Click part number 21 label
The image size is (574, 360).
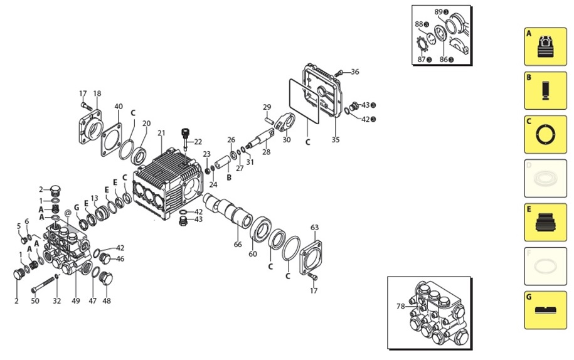coord(161,133)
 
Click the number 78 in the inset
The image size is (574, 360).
coord(400,307)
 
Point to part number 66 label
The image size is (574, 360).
coord(238,245)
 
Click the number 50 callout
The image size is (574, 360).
coord(35,302)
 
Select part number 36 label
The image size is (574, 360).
coord(354,71)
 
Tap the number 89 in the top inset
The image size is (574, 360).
coord(438,12)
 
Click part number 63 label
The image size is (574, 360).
coord(314,228)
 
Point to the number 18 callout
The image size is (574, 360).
coord(97,94)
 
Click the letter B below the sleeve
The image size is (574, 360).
coord(229,178)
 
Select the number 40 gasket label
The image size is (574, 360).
coord(119,107)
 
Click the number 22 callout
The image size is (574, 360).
coord(198,142)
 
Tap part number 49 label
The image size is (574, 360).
coord(76,302)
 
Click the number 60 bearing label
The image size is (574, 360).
coord(253,254)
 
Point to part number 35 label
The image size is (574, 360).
coord(336,140)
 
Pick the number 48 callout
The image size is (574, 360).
coord(107,302)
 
